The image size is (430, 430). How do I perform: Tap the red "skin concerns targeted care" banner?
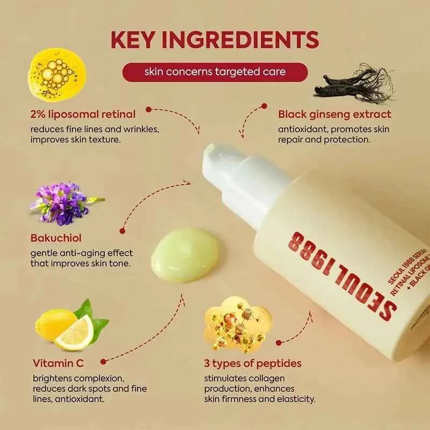(x=215, y=72)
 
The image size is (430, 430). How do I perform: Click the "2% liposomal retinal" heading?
(x=83, y=114)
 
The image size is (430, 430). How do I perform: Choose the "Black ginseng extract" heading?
(x=334, y=114)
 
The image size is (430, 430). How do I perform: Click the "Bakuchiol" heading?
(x=56, y=236)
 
